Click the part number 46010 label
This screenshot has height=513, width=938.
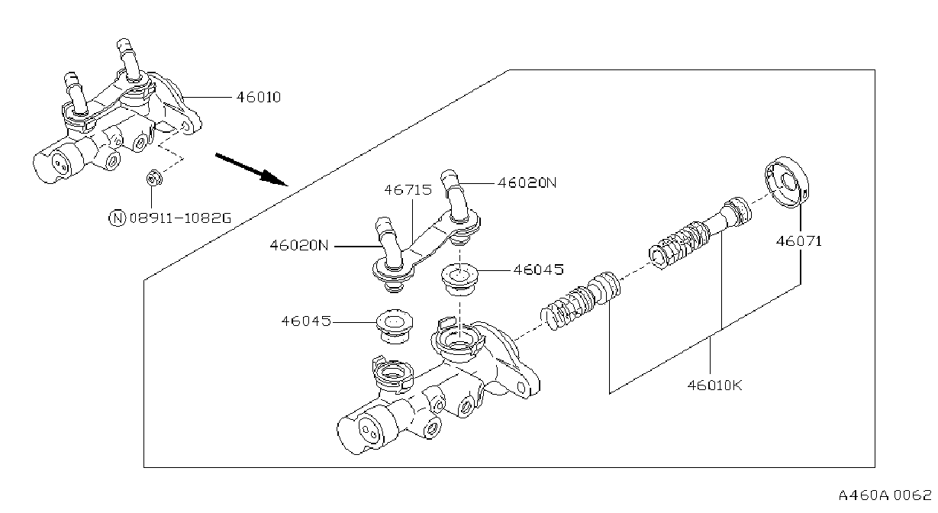[259, 97]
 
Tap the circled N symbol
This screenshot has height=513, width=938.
[118, 218]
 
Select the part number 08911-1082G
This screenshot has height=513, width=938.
[180, 218]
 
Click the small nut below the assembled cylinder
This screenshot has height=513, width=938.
[154, 178]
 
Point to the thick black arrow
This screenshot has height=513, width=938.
[251, 169]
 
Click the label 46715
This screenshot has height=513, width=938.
[408, 190]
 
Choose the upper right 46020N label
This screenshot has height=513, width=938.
[527, 183]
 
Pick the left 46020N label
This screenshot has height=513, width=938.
[299, 245]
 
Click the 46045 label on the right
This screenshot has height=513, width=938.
[539, 269]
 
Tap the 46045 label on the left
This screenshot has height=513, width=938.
[306, 321]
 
